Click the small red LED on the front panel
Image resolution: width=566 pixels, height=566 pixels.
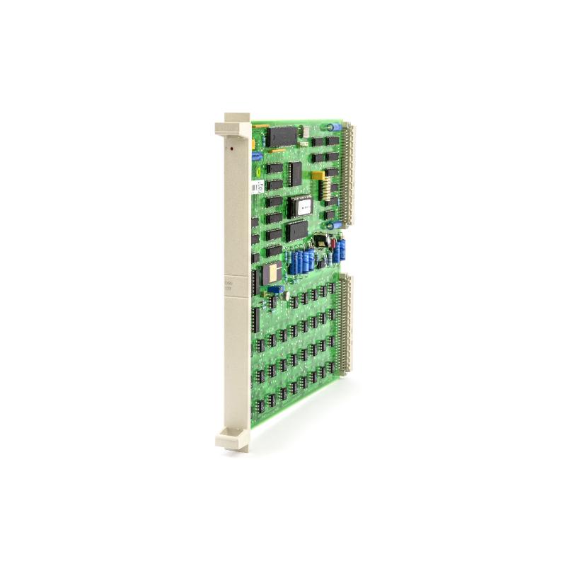(x=227, y=149)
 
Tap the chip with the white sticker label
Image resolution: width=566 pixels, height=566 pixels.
(x=303, y=206)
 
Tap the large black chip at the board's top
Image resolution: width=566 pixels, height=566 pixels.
(x=280, y=136)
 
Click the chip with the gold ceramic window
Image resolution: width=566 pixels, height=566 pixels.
(x=271, y=273)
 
